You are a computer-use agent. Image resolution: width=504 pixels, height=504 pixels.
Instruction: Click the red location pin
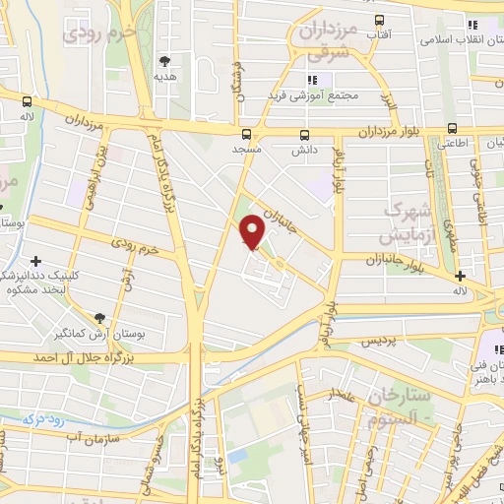[253, 231]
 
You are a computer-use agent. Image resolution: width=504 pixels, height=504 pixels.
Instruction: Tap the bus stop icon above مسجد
[246, 134]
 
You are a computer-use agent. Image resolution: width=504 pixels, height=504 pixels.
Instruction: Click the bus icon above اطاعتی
[452, 127]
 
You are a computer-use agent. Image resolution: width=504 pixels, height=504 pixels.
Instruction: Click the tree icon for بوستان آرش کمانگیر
[99, 317]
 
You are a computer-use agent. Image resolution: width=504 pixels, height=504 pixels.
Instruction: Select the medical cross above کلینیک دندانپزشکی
[37, 261]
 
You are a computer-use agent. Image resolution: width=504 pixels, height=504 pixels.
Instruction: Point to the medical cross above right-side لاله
[460, 276]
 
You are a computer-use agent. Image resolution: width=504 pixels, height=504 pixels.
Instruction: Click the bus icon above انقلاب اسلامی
[472, 25]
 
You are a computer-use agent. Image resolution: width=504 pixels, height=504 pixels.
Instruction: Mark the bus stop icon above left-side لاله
[27, 99]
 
